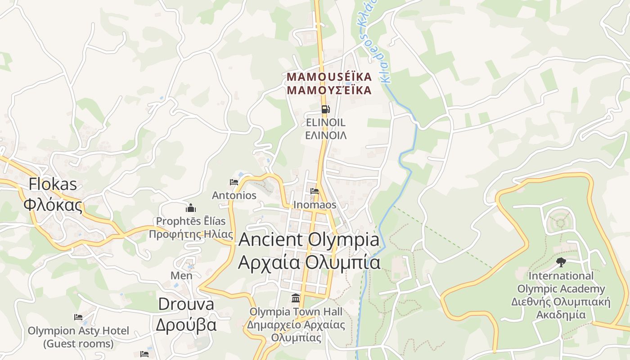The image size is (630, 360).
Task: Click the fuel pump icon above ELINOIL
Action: pos(325,109)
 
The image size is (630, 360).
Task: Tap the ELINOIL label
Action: pos(326,122)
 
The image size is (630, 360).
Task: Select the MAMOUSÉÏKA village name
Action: pos(329,77)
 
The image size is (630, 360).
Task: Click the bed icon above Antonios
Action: pos(234,182)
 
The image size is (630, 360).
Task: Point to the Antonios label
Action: pos(234,195)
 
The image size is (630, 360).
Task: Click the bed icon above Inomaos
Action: pos(315,191)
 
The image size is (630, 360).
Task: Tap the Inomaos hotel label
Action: pos(315,205)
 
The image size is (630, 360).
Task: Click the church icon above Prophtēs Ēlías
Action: pos(191,208)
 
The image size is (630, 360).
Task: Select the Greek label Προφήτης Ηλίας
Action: pos(191,234)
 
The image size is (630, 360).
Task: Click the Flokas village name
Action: pos(53,184)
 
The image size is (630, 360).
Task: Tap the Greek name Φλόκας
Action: pos(53,205)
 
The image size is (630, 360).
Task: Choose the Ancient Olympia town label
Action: pos(309,239)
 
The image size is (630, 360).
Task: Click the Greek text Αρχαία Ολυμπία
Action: pos(309,262)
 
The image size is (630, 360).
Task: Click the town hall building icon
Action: pos(296,298)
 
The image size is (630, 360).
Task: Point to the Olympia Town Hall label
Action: pos(296,311)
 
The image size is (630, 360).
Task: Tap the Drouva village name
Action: pos(186,304)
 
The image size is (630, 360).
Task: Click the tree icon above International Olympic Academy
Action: pos(561,262)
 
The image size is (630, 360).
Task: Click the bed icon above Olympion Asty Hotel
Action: pos(78,317)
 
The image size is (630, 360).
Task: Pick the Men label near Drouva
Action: pos(181,275)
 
